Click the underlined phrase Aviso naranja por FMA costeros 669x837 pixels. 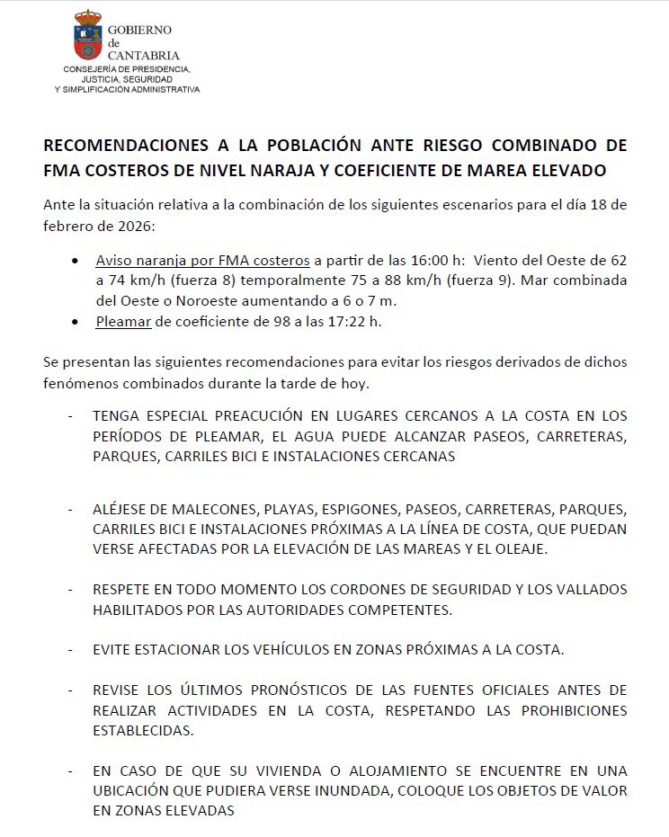tap(202, 260)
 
